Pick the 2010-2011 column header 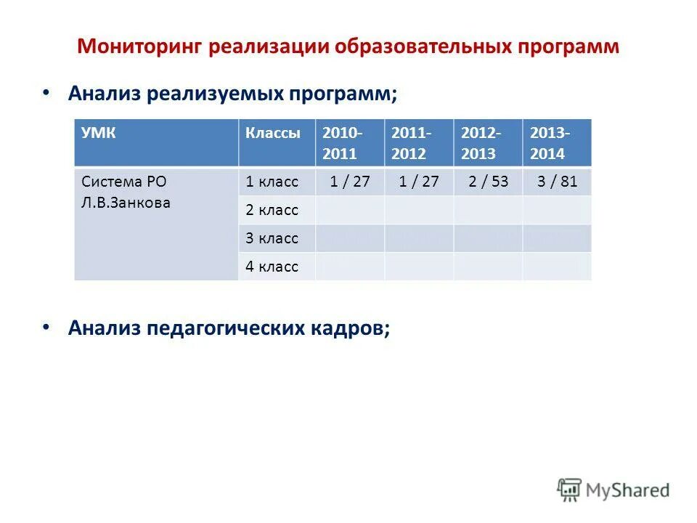pyautogui.click(x=343, y=143)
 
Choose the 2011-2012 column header pyautogui.click(x=411, y=143)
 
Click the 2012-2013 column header pyautogui.click(x=480, y=143)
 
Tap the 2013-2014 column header pyautogui.click(x=550, y=143)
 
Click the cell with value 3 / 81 pyautogui.click(x=557, y=182)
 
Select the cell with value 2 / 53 pyautogui.click(x=488, y=182)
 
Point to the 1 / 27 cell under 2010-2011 pyautogui.click(x=350, y=182)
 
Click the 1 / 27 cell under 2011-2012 pyautogui.click(x=419, y=182)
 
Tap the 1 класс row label pyautogui.click(x=272, y=182)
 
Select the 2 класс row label pyautogui.click(x=272, y=211)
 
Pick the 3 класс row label pyautogui.click(x=272, y=238)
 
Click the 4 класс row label pyautogui.click(x=272, y=267)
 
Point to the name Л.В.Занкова pyautogui.click(x=126, y=203)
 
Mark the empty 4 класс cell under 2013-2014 pyautogui.click(x=557, y=267)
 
